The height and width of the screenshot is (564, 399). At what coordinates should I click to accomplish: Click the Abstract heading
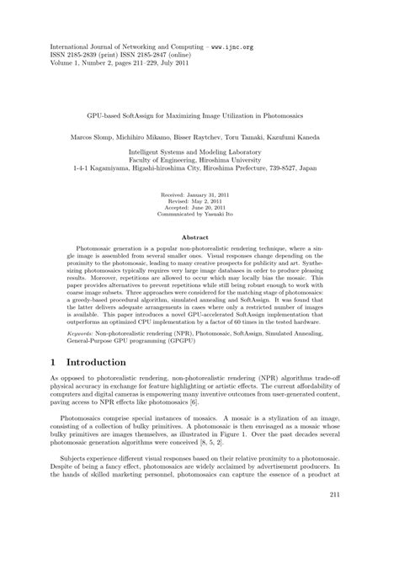pos(199,238)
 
